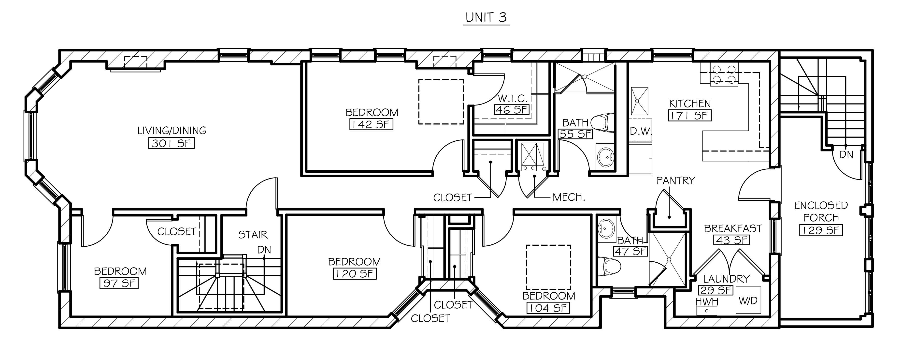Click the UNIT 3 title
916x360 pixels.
[x=486, y=17]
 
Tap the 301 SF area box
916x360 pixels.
[x=172, y=143]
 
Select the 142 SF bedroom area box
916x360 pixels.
[x=372, y=124]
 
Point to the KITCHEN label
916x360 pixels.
[x=690, y=104]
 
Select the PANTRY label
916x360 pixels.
[x=676, y=181]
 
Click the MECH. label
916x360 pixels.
[x=569, y=198]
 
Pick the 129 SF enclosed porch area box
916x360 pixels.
[x=821, y=230]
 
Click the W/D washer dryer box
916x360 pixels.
[x=748, y=300]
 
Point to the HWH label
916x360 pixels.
[x=707, y=302]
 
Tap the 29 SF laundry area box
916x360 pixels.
[x=716, y=290]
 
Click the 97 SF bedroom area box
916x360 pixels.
[x=119, y=284]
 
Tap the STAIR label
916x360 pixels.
[x=253, y=235]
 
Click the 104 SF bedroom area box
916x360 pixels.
[x=548, y=308]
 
